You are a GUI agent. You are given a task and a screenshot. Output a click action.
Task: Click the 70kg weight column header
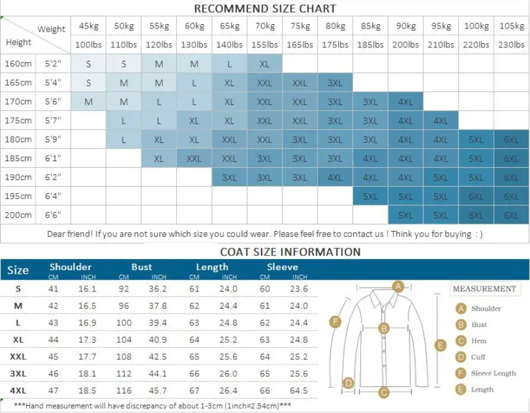coord(264,26)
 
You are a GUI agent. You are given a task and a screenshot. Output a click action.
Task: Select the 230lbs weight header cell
coord(512,44)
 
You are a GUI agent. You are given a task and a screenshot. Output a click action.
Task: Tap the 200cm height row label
coord(18,215)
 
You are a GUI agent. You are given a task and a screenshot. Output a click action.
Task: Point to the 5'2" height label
coord(53,63)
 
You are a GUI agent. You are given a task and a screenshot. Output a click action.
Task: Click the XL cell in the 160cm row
coord(264,64)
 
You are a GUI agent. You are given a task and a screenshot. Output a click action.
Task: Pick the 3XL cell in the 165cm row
coord(335,83)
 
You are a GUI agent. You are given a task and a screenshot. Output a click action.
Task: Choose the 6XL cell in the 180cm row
coord(512,140)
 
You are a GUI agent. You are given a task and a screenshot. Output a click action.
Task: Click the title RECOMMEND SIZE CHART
coord(265,9)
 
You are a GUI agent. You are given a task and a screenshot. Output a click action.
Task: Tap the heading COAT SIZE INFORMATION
coord(290,252)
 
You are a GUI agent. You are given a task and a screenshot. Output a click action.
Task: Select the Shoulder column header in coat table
coord(71,267)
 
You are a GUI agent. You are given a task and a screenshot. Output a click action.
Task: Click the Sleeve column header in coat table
coord(283,267)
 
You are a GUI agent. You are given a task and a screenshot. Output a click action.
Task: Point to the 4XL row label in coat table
coord(18,391)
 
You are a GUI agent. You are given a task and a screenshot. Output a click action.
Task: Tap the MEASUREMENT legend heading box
coord(484,289)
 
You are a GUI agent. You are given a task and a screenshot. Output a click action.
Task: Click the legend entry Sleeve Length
coord(493,373)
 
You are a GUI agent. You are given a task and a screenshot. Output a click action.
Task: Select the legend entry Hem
coord(478,341)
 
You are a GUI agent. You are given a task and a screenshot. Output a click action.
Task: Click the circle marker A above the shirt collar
coord(399,287)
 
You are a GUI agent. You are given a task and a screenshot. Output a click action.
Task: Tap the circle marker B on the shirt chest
coord(384,328)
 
